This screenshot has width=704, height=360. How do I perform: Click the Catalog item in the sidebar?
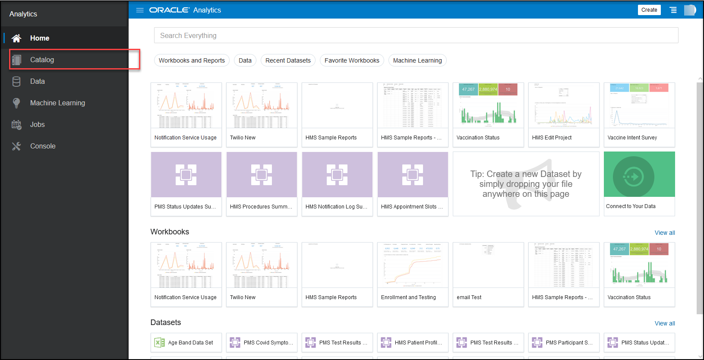42,60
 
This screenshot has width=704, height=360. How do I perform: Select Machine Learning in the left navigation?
57,103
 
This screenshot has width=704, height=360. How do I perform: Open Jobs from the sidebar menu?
37,124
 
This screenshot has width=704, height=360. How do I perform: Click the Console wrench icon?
16,146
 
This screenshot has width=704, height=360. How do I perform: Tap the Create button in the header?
649,10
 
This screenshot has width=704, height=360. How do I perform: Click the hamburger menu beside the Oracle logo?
140,10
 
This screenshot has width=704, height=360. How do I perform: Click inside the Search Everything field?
416,35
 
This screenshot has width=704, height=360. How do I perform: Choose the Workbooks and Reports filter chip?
192,60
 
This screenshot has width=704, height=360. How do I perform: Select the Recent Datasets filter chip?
288,60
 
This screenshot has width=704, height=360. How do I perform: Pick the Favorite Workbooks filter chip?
352,60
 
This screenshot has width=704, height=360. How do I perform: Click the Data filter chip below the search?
245,60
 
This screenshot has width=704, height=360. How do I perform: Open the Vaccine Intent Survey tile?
639,114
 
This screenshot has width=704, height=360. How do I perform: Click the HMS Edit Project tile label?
552,138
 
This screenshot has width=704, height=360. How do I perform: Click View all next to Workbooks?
664,233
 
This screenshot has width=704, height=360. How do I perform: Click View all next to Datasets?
664,323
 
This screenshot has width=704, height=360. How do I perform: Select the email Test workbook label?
469,297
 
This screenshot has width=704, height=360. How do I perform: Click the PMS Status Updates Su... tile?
186,183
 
